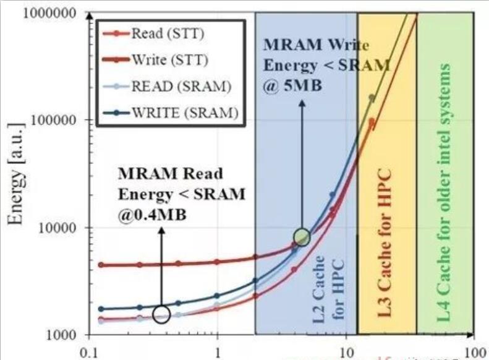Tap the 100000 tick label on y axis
coord(50,119)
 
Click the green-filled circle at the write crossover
coord(302,236)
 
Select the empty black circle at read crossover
coord(161,315)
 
